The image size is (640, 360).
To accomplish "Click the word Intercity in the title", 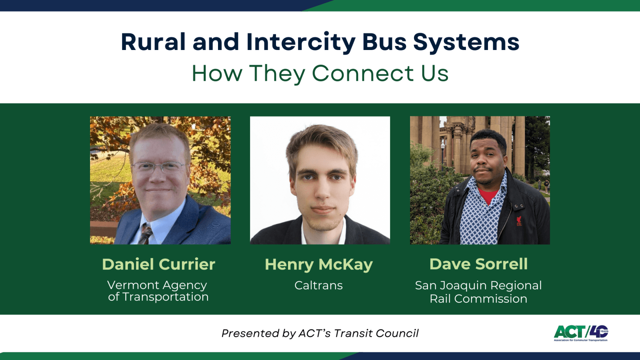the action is [x=301, y=42].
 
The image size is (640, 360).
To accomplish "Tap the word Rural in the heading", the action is [x=153, y=42].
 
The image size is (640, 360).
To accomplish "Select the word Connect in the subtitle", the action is [x=363, y=73].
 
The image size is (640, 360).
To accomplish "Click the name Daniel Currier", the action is [x=158, y=264].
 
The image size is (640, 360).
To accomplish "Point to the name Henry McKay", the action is [x=319, y=265].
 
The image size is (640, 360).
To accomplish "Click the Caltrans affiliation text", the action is [x=318, y=286].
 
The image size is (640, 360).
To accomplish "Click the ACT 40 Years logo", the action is [x=581, y=333].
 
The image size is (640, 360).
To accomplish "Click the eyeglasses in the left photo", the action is [x=159, y=167].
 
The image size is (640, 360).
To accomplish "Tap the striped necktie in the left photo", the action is [x=146, y=234].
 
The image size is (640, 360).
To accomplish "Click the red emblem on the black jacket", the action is [x=519, y=221].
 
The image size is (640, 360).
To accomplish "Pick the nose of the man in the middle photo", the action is [x=322, y=190].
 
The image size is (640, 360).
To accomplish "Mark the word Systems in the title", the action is [x=466, y=42].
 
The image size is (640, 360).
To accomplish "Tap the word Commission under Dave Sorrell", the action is [x=490, y=299].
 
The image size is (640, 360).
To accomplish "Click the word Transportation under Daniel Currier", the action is [x=166, y=297].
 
